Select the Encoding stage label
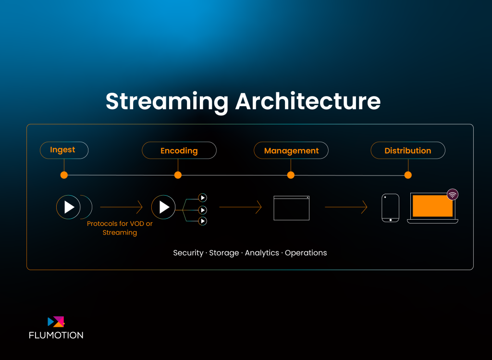tap(179, 150)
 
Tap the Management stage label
tap(291, 150)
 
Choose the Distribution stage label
tap(408, 150)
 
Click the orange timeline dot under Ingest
tap(64, 175)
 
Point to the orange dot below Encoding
tap(178, 175)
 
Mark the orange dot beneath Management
tap(291, 175)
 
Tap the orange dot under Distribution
tap(408, 175)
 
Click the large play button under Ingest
tap(68, 207)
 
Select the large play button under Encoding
tap(163, 207)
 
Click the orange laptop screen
tap(433, 206)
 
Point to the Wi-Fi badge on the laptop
tap(453, 195)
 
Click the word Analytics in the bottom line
tap(262, 253)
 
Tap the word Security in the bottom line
tap(188, 253)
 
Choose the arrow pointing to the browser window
tap(240, 207)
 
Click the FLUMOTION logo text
tap(56, 335)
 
